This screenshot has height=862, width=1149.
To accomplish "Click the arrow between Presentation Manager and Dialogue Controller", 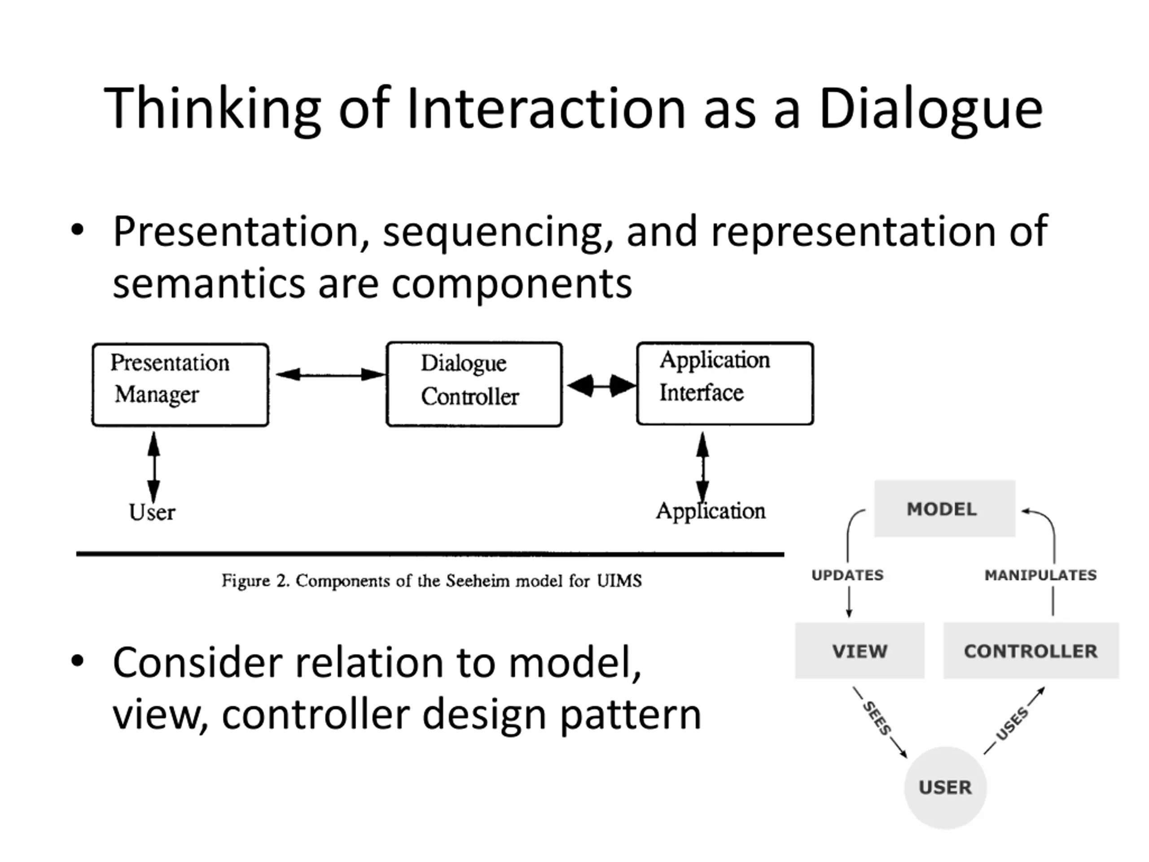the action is (x=331, y=374).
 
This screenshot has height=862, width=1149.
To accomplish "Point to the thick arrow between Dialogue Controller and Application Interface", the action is (x=601, y=386).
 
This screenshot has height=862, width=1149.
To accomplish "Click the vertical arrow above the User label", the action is (x=154, y=466).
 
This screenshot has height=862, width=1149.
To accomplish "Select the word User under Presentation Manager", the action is (x=152, y=512).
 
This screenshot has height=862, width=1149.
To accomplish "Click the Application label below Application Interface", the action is (x=710, y=511).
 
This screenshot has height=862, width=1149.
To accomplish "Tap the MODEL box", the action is (x=945, y=508).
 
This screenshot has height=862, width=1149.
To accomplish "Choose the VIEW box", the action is (x=860, y=651).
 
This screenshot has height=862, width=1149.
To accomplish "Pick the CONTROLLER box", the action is (x=1031, y=651).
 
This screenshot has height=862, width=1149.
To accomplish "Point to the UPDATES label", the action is (x=847, y=575).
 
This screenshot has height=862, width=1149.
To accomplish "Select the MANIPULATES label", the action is (x=1040, y=575).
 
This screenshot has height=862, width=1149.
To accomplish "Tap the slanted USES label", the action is (x=1012, y=723).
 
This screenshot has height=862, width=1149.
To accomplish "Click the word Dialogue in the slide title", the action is (x=931, y=109).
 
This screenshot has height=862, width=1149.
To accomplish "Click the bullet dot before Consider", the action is (x=77, y=661).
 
